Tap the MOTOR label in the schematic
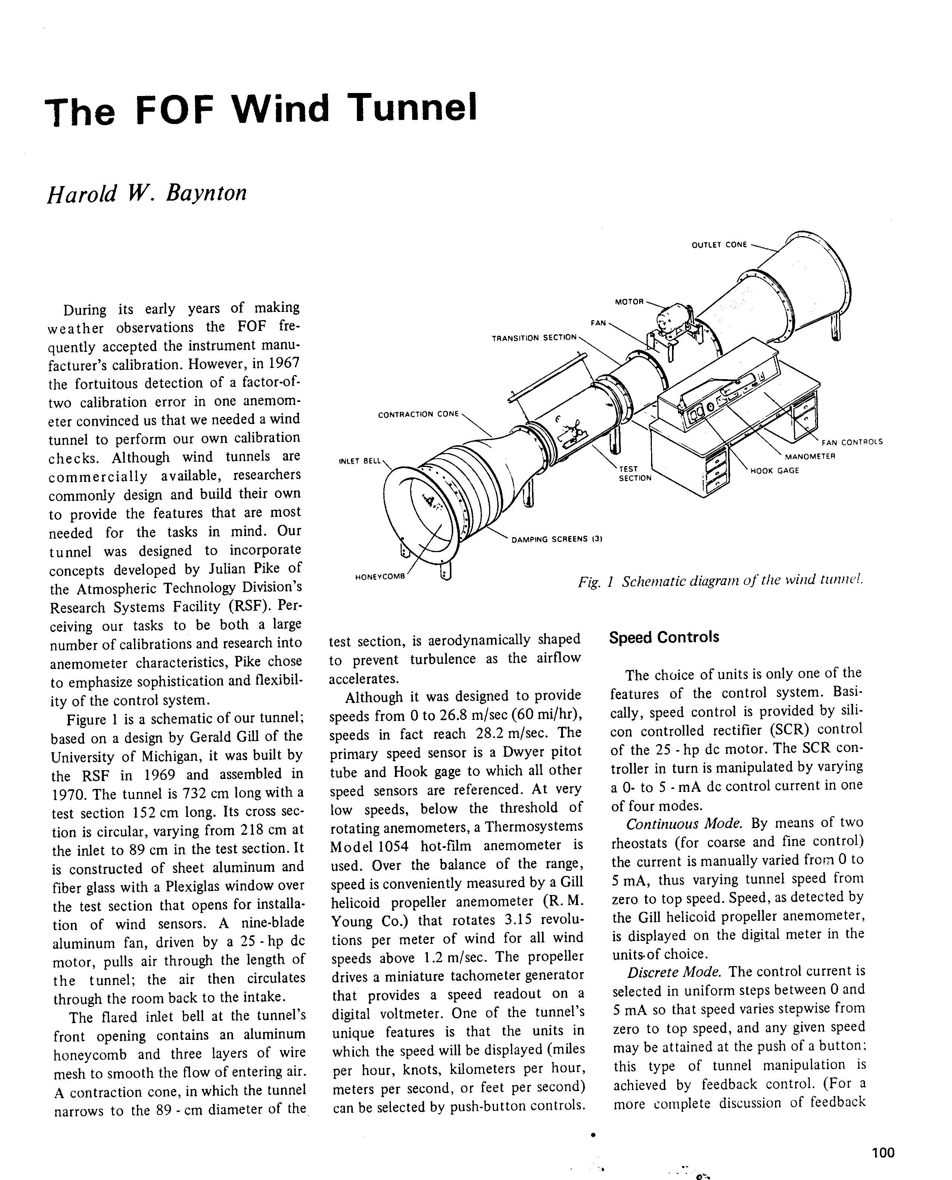(628, 302)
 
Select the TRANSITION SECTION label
(534, 338)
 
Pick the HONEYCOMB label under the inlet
(379, 577)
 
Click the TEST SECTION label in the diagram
(635, 473)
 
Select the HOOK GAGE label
(774, 470)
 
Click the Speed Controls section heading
(663, 638)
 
